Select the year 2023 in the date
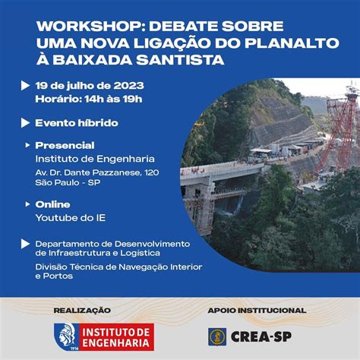point(128,86)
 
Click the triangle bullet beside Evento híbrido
point(25,123)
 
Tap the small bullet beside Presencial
point(27,145)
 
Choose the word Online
point(52,204)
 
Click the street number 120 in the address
point(152,172)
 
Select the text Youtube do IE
point(71,218)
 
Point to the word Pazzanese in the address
point(116,172)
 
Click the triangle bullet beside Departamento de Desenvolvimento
point(25,244)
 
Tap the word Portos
point(58,276)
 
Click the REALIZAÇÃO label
point(82,311)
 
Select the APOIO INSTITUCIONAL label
point(257,311)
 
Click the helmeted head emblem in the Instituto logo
point(66,335)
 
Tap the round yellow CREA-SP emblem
point(217,337)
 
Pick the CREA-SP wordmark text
point(261,337)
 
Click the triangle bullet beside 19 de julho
point(25,86)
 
